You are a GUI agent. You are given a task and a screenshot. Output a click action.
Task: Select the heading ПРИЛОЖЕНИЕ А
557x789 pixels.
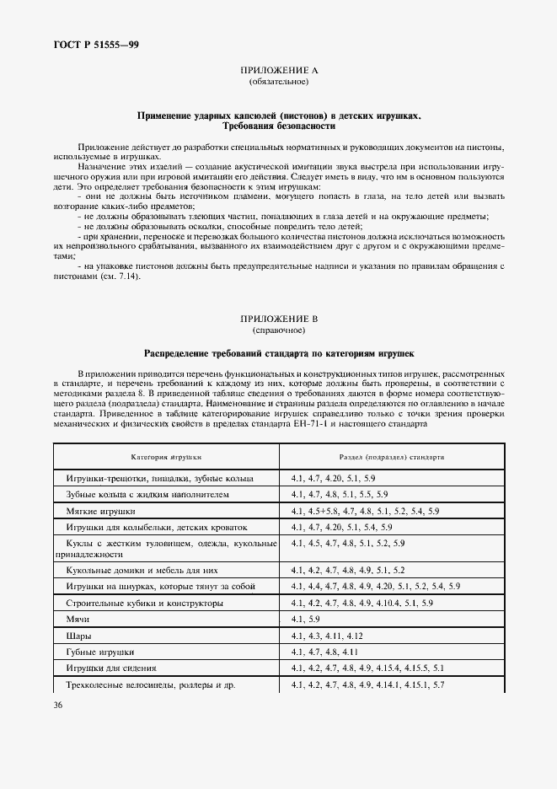point(278,72)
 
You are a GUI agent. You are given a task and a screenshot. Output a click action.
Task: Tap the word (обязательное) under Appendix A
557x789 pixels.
point(278,83)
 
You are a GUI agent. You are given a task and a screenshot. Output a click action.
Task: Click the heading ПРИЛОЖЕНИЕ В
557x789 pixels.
point(278,318)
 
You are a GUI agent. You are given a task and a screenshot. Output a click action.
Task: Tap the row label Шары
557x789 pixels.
point(78,636)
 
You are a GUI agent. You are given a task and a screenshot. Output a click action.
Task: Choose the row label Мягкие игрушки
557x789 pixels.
point(100,511)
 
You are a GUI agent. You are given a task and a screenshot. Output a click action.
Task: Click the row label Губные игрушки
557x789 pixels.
point(99,652)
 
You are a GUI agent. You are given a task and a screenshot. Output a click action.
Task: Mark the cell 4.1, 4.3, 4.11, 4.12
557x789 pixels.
point(326,636)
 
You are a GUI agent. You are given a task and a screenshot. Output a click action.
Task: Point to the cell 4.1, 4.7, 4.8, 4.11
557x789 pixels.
point(324,652)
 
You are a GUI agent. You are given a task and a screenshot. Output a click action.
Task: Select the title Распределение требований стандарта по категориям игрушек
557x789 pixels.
point(278,353)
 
